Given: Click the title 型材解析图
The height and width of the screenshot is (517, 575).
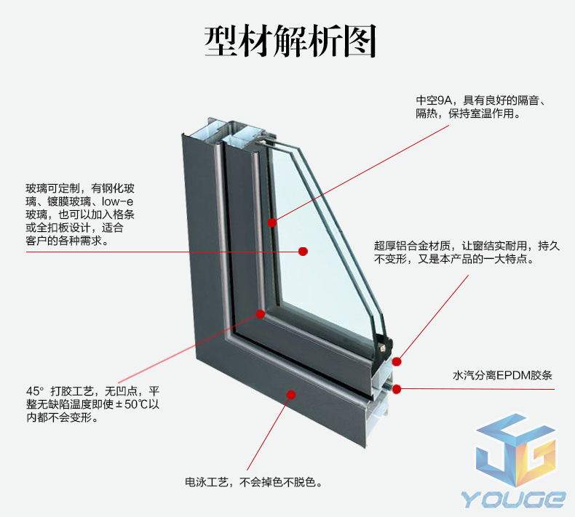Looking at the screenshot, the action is (290, 41).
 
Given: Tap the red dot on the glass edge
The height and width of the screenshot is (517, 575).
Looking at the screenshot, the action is (271, 223).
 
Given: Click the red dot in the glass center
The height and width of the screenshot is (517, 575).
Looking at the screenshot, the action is (303, 252).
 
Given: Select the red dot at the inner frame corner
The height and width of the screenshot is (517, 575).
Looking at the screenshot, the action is (261, 314).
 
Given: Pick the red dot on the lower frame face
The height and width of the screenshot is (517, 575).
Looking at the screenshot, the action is (291, 395).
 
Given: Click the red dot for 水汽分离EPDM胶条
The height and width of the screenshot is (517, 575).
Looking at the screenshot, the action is (397, 389).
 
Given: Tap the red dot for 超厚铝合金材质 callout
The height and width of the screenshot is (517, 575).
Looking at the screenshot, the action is (397, 361).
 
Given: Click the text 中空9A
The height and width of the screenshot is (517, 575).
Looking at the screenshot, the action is (434, 100).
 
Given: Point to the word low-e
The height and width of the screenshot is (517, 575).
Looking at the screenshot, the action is (117, 201).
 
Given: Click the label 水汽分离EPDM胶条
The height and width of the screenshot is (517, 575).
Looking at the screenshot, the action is (502, 375).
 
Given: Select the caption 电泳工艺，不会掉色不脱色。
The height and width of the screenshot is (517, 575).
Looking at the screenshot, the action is (253, 482).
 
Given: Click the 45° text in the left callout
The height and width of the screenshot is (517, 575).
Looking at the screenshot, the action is (35, 391).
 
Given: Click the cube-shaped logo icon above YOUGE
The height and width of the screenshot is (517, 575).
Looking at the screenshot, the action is (515, 451).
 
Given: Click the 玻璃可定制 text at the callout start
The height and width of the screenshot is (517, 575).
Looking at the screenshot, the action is (52, 188).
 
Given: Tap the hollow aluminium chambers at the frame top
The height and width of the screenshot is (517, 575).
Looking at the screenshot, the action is (234, 132).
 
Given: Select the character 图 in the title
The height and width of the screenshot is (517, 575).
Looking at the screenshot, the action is (360, 41).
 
